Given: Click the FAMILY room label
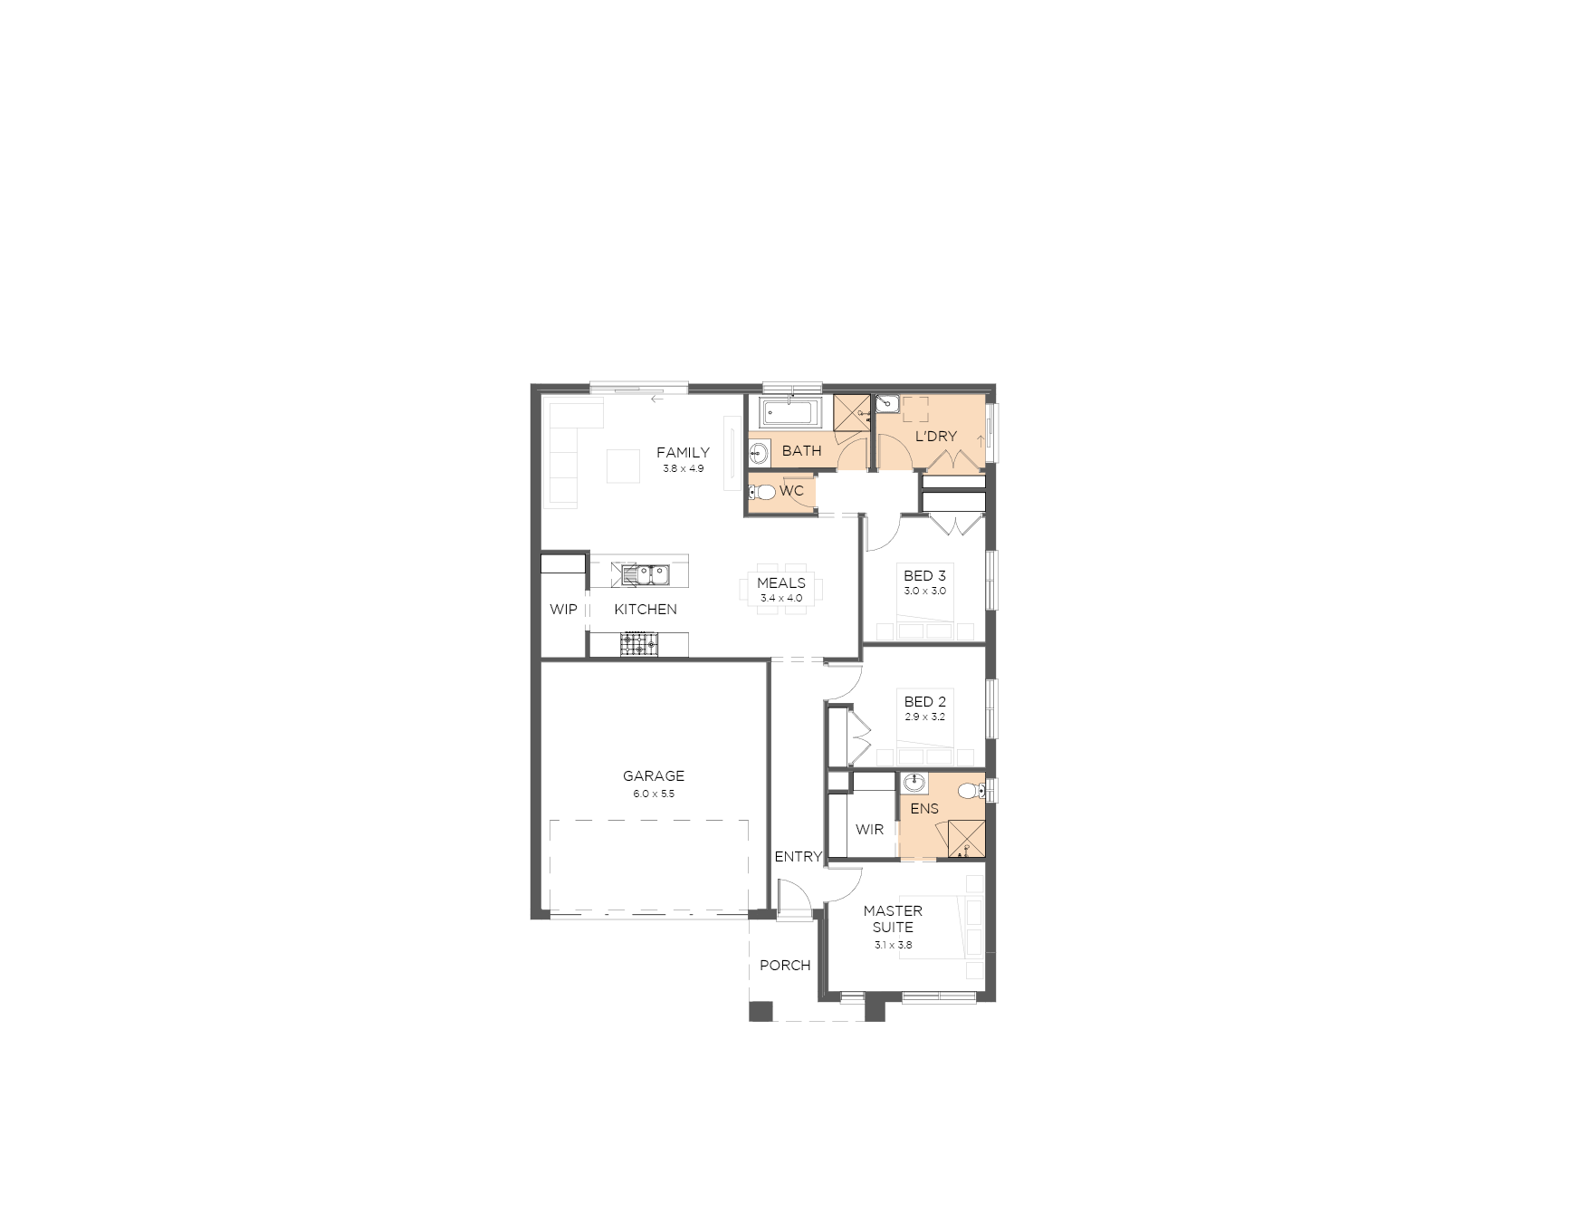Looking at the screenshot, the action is point(683,452).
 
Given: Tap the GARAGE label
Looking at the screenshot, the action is point(654,775).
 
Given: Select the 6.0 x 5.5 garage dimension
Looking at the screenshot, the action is point(654,794).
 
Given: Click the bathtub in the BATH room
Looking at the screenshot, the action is point(789,413).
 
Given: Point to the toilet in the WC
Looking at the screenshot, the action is point(763,492).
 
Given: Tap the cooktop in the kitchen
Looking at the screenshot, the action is point(639,644).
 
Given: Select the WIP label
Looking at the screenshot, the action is point(563,609).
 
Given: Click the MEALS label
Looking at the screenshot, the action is point(781,582).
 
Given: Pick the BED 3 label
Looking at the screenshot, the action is point(924,575).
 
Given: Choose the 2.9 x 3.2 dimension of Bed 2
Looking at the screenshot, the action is point(924,717).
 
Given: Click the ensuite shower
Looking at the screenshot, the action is point(966,839).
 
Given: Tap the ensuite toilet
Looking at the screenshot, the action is point(971,791).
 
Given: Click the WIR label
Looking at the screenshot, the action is point(869,829).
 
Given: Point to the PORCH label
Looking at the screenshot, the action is point(785,965).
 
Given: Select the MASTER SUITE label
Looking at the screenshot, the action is point(893,919).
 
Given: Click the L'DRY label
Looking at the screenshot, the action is point(935,436).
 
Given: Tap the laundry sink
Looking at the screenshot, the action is point(888,404).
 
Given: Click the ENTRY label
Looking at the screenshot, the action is point(798,856).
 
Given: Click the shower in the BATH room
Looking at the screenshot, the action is point(851,412).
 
